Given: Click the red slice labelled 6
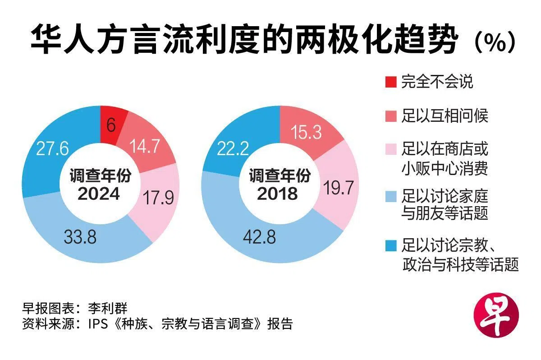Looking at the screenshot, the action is pos(111,125).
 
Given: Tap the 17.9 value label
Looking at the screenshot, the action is pos(158,198).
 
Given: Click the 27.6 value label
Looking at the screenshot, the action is pos(52,148).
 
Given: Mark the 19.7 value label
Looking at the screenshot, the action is pos(339,188).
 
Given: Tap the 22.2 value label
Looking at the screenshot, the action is pos(233,148).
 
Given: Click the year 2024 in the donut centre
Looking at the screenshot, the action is pos(99,194).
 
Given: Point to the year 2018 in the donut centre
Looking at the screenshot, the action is pos(277,194).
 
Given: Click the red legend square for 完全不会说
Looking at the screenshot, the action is pos(391,82).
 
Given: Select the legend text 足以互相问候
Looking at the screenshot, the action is pos(445,116).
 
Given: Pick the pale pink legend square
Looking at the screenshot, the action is pos(391,149).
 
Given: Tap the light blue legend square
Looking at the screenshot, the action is pos(391,196).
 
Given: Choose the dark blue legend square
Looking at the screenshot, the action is pos(391,246).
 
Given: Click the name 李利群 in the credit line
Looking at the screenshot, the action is pos(107,308).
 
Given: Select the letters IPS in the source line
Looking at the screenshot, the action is pos(98,324).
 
